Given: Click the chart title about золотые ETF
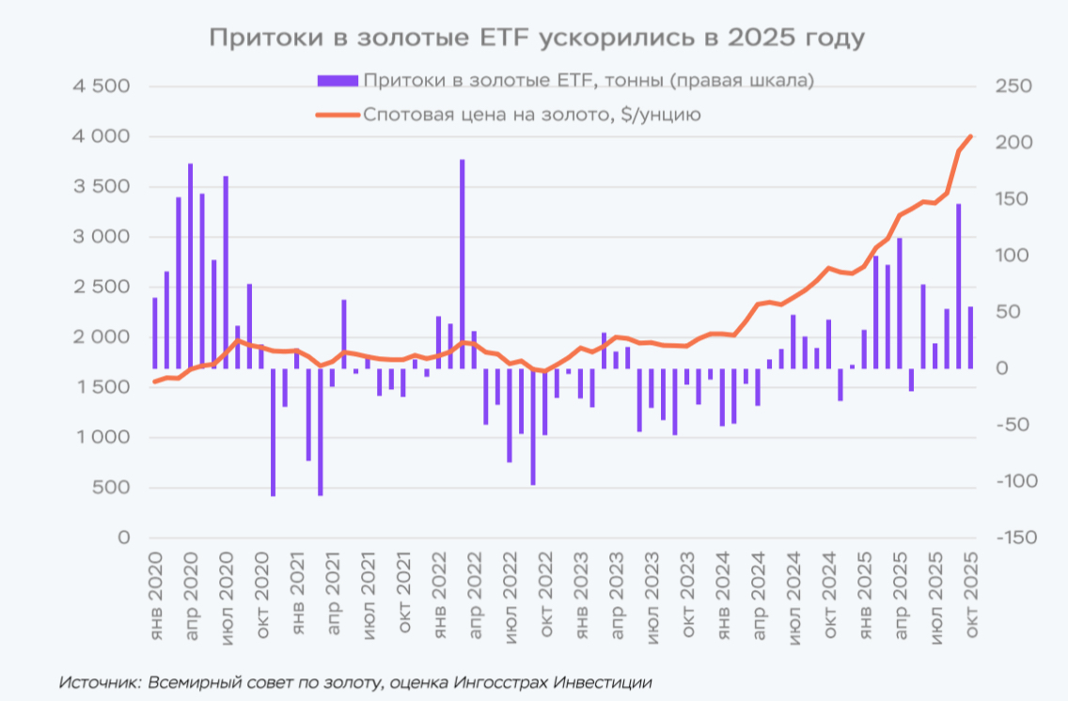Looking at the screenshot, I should tap(535, 39).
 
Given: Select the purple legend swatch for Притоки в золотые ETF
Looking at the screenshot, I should tap(338, 81).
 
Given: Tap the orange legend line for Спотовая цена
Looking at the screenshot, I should tap(338, 116).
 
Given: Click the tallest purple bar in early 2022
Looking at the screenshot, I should tap(462, 263).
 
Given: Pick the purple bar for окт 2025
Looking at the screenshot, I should tap(970, 336).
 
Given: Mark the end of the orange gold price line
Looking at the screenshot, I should tap(971, 136).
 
